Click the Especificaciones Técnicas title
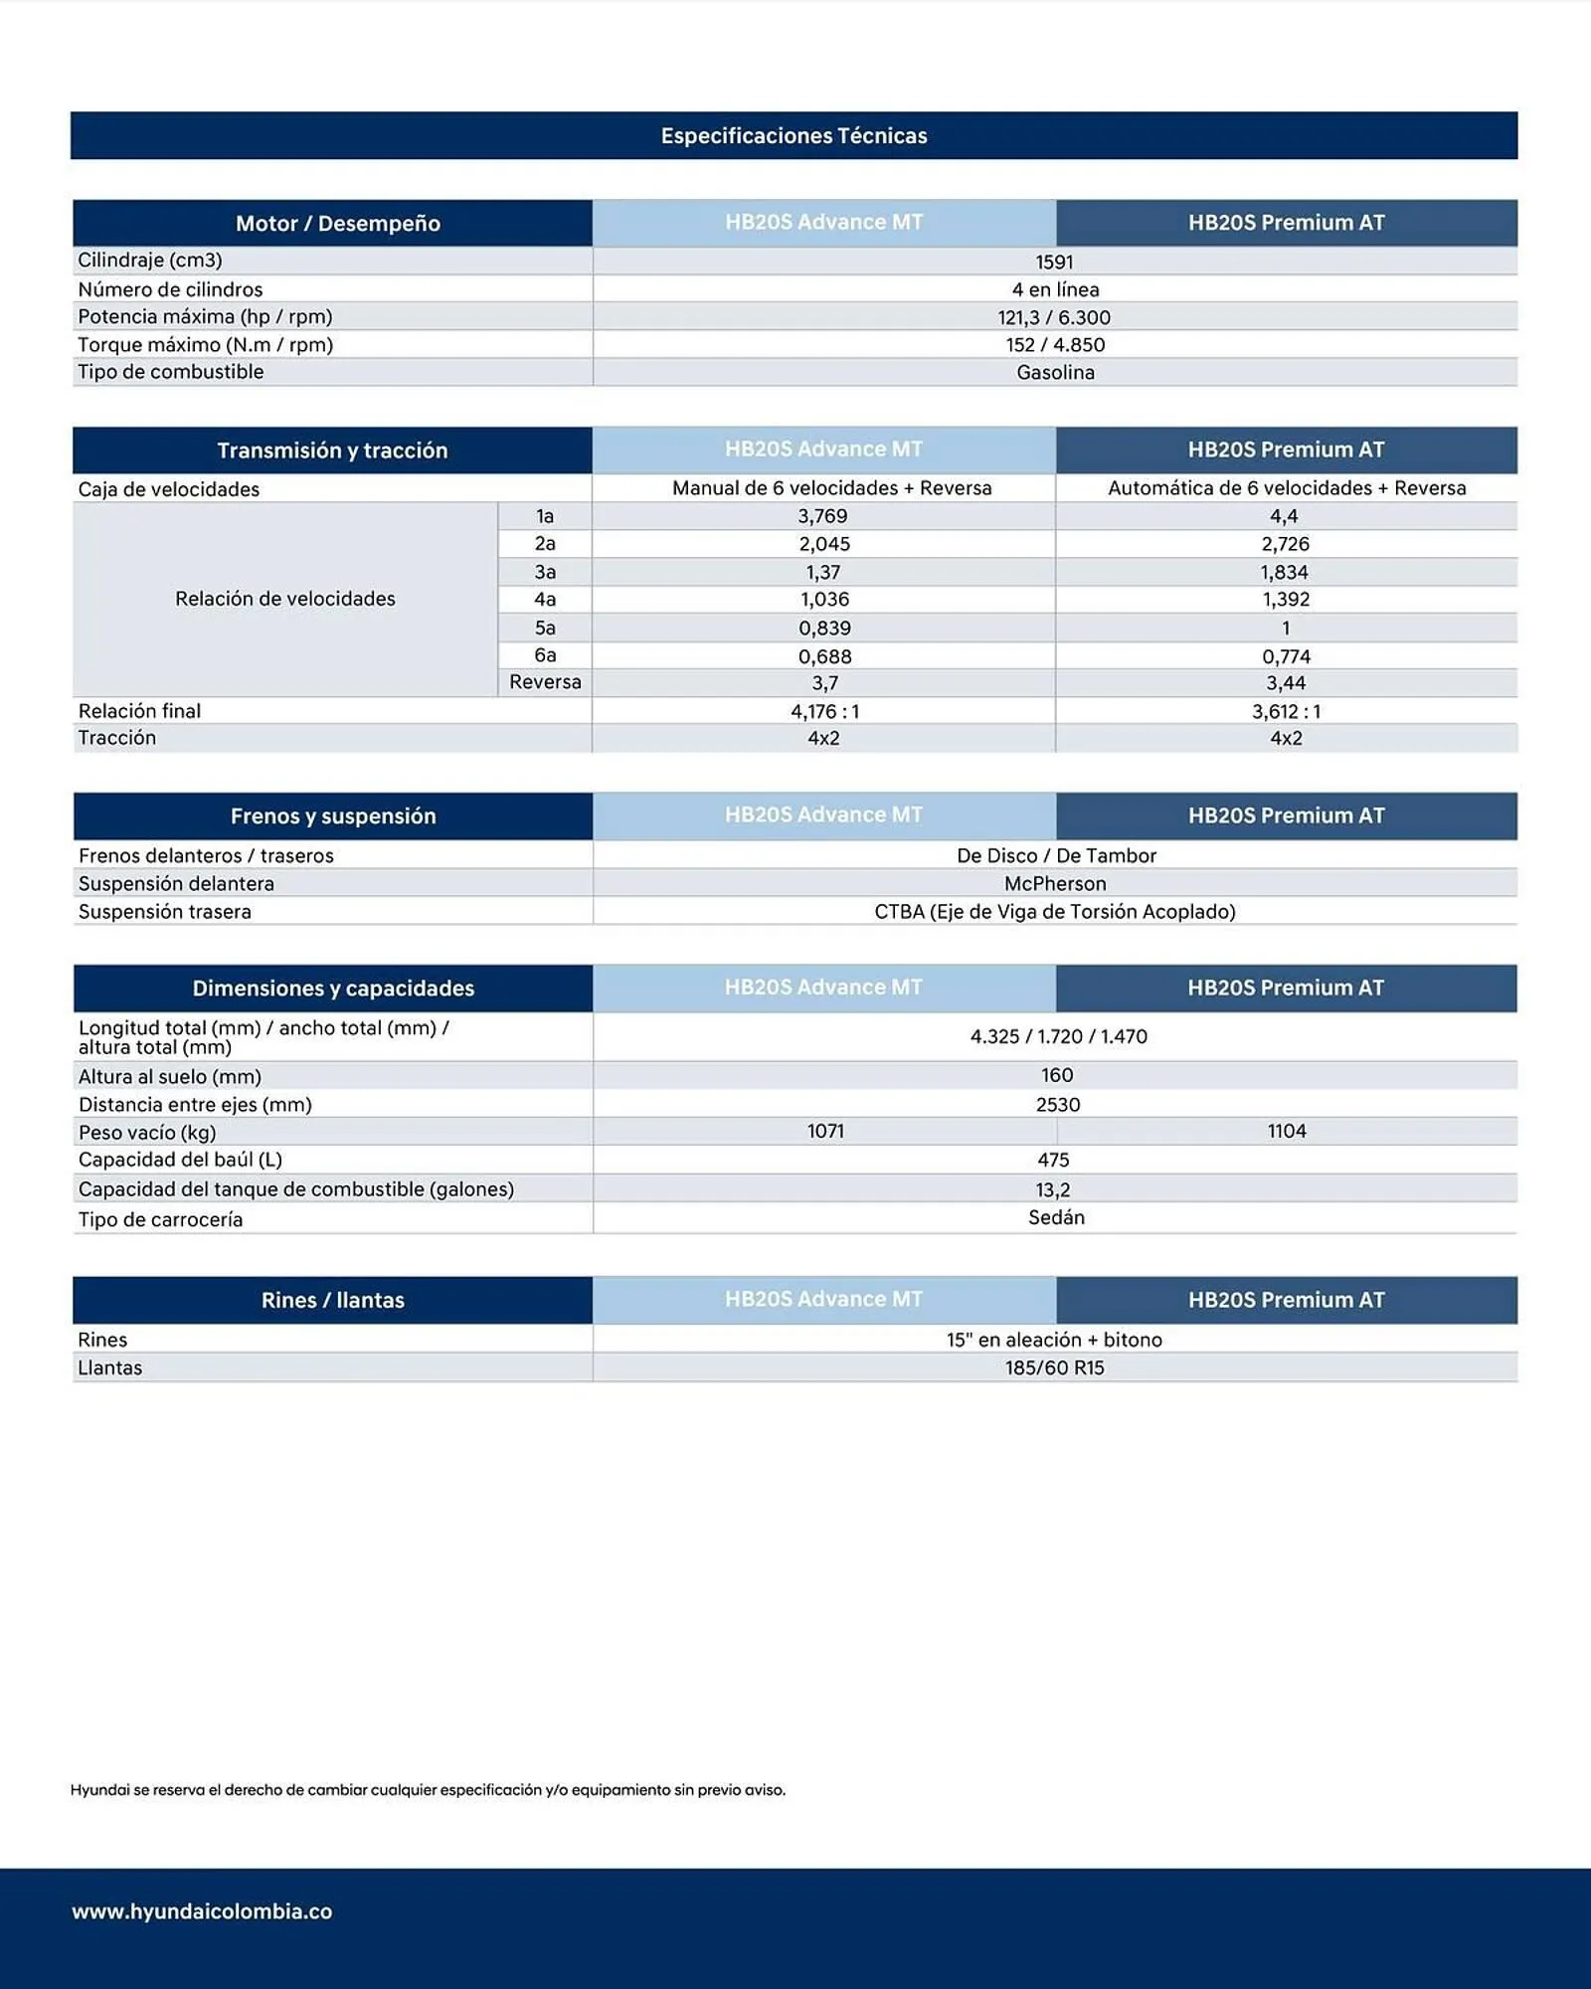794,135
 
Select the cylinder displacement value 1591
1054,262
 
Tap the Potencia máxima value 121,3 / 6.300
1054,317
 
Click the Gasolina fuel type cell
1055,372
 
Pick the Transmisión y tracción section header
332,451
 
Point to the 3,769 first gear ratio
822,516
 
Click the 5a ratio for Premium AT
1285,628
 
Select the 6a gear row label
545,655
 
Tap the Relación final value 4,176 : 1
824,711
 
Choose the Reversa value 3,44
1285,683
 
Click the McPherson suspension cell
1054,883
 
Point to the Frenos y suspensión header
333,815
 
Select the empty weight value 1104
1286,1131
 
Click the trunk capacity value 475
1053,1160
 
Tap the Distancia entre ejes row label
195,1104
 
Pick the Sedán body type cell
1056,1217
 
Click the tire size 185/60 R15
1054,1367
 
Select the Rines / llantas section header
332,1300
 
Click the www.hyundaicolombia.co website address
202,1911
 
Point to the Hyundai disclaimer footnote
428,1790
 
